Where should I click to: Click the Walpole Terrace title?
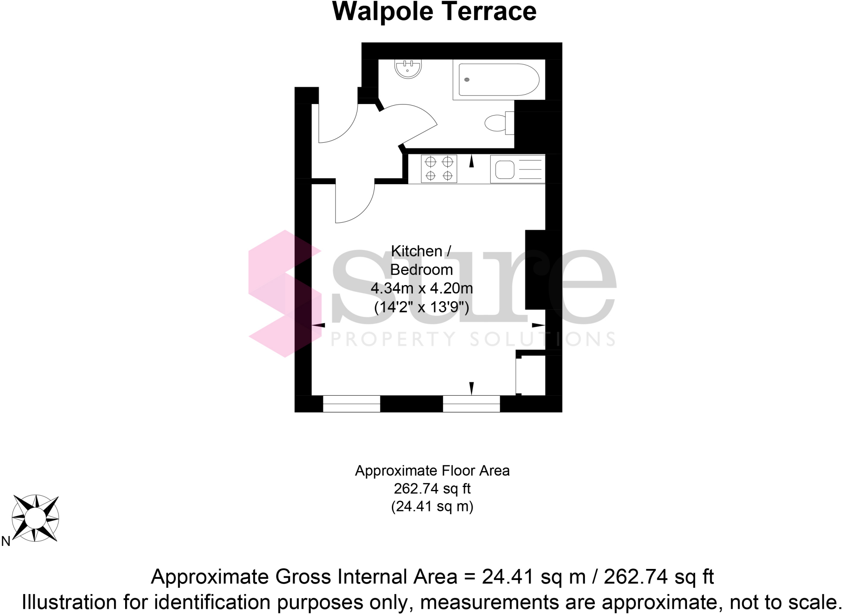434,12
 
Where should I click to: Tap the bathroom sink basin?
408,69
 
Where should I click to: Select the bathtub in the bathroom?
498,80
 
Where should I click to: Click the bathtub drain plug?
466,80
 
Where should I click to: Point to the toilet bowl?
496,123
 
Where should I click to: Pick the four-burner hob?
439,169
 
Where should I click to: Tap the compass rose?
35,518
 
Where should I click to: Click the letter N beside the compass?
6,541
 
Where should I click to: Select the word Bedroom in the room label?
421,270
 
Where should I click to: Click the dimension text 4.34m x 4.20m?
421,288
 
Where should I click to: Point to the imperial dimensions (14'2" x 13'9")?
421,307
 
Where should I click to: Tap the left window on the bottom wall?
352,404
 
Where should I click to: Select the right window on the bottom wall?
471,404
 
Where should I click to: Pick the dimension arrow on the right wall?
538,325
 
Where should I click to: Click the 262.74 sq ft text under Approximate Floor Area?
432,489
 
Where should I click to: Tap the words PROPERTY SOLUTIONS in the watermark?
473,339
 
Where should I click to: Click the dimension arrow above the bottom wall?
472,388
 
